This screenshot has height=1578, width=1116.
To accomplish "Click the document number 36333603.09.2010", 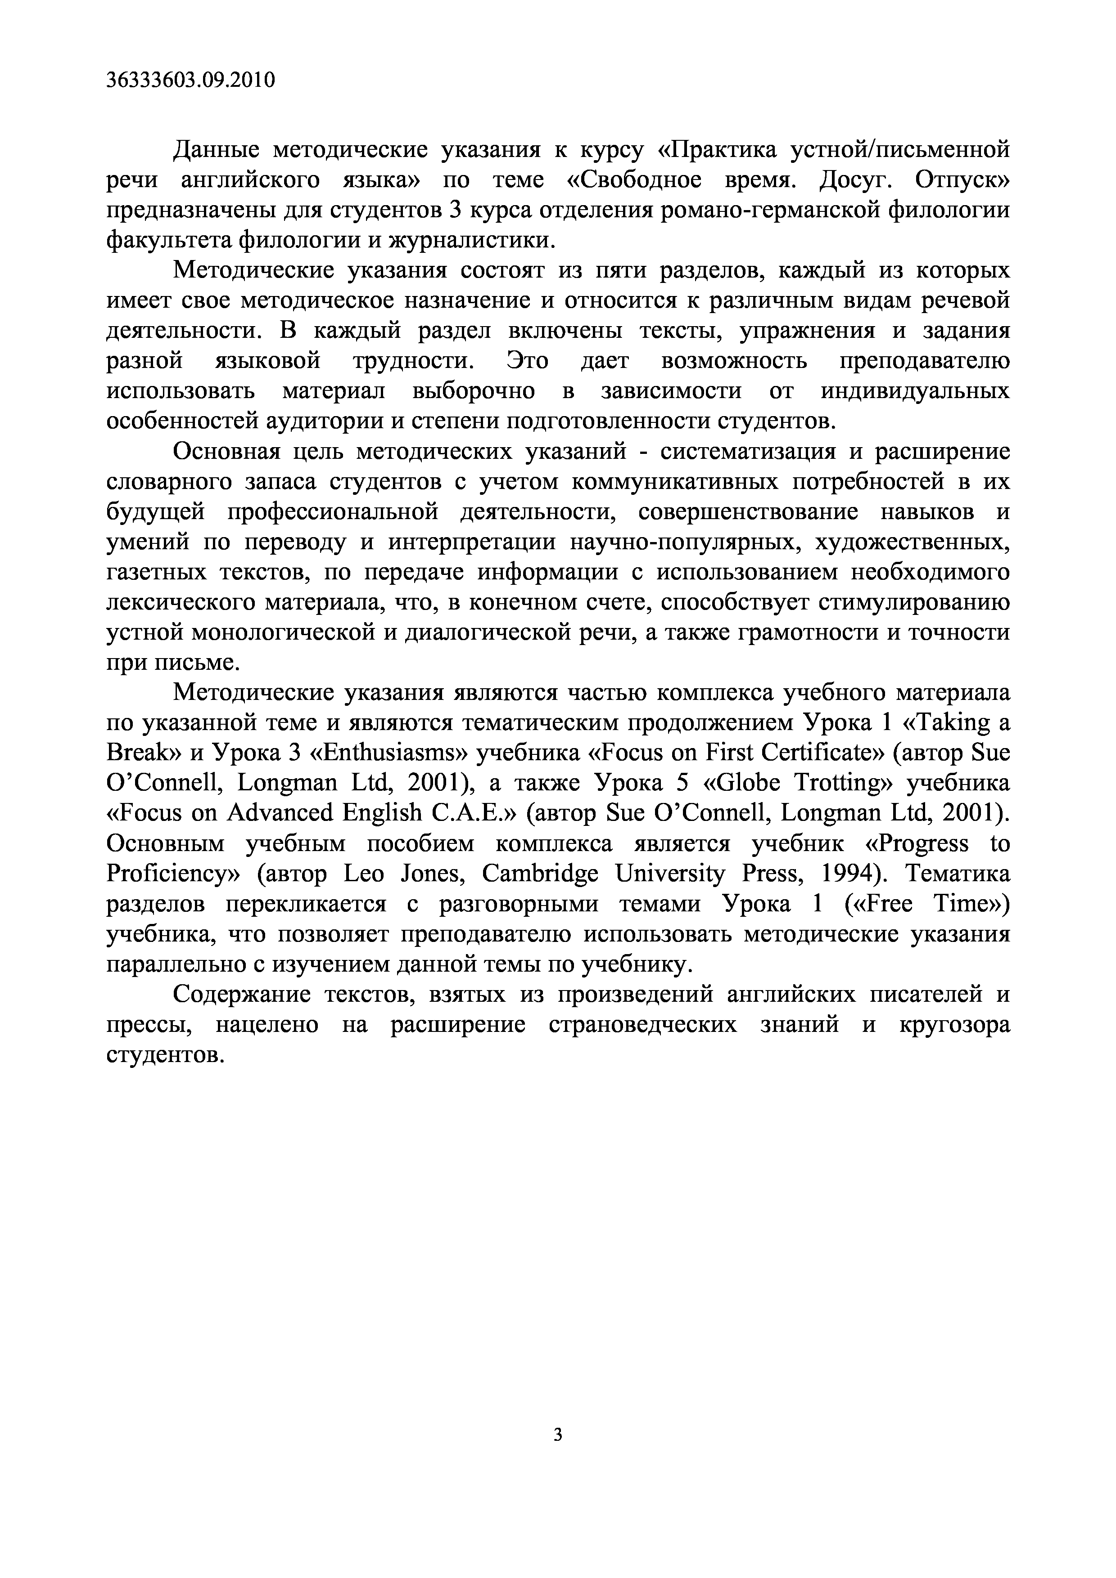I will [x=191, y=81].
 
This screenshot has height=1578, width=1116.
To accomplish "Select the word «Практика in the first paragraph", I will [x=718, y=150].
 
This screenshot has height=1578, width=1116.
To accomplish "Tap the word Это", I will [x=528, y=361].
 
